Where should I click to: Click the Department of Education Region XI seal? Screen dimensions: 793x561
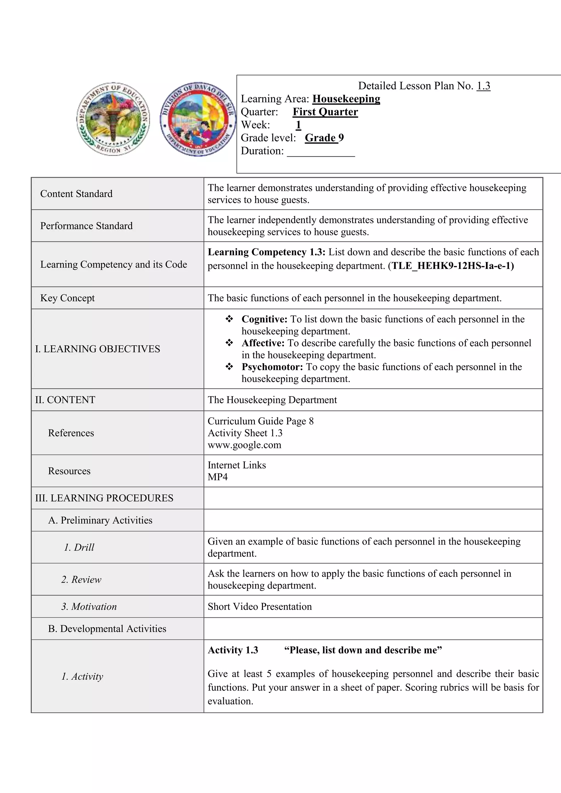[113, 119]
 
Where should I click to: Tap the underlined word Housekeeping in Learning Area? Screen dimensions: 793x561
[346, 99]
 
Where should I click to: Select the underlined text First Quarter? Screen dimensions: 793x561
[325, 112]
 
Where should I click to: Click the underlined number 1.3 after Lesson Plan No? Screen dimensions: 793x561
[483, 86]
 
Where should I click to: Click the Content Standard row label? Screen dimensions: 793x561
[76, 194]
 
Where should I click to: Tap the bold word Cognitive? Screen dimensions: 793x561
[264, 319]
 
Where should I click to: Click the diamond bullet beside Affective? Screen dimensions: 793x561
[229, 343]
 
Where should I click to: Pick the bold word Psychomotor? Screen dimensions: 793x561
[272, 367]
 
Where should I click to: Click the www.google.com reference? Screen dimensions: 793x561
[244, 445]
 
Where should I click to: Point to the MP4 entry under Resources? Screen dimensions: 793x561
[217, 477]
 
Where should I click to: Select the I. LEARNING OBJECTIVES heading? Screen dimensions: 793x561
[98, 349]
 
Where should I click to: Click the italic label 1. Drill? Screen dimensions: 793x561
[79, 547]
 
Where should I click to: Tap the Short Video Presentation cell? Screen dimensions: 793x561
[259, 607]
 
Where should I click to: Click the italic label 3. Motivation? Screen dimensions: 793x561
[89, 607]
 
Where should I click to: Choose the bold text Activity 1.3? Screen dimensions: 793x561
[233, 650]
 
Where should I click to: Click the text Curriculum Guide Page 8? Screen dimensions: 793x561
[261, 421]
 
